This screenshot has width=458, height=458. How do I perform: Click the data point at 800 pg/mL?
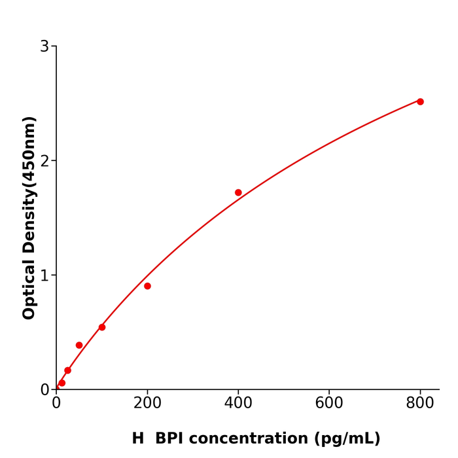coord(420,101)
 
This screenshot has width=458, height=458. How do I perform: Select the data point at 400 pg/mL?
coord(238,192)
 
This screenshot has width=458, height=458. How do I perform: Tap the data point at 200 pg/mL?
coord(147,286)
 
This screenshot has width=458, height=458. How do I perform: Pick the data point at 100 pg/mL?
coord(102,327)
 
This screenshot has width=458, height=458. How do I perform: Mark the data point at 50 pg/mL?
coord(79,345)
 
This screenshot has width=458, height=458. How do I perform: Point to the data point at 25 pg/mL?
coord(67,370)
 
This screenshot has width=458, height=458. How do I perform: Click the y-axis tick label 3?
coord(44,46)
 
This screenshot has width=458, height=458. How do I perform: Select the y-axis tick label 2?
coord(44,161)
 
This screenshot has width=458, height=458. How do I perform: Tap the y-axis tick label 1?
coord(44,275)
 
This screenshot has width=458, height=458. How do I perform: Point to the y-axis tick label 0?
coord(44,390)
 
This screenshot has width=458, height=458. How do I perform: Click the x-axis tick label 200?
coord(147,404)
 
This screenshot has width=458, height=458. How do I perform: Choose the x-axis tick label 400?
coord(238,404)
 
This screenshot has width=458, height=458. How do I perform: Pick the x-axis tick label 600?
coord(329,404)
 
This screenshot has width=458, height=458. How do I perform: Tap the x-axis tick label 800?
coord(420,404)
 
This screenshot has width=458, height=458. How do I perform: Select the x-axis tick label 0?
coord(56,404)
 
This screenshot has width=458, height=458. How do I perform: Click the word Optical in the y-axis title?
coord(29,290)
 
